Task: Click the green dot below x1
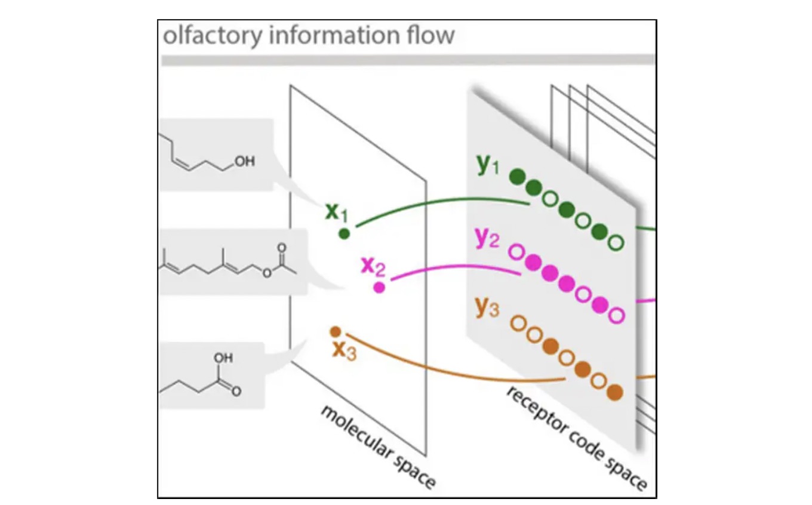click(344, 233)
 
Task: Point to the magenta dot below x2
click(379, 288)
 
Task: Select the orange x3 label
click(345, 351)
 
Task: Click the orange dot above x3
click(336, 331)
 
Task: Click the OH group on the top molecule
click(244, 161)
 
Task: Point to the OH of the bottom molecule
click(223, 358)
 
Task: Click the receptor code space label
click(577, 439)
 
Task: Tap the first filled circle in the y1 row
click(518, 176)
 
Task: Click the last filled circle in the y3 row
click(614, 392)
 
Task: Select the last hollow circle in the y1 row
click(616, 242)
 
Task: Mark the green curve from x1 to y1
click(442, 201)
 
